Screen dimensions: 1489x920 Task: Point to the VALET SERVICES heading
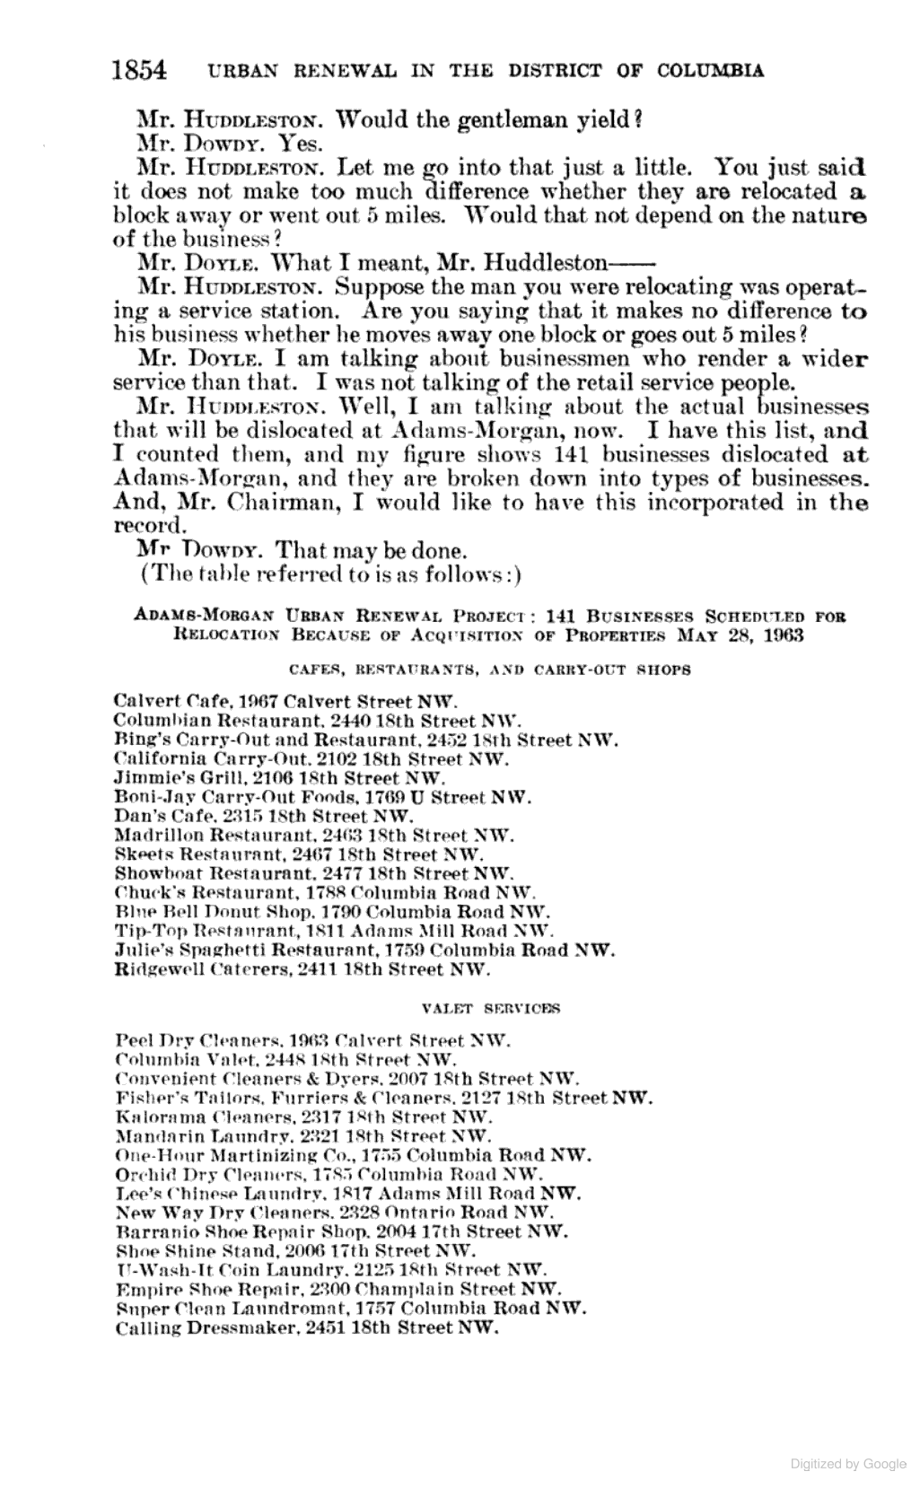coord(490,1007)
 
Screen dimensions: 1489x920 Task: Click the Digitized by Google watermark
coord(848,1463)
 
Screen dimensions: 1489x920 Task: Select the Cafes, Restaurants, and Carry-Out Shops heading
coord(490,670)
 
